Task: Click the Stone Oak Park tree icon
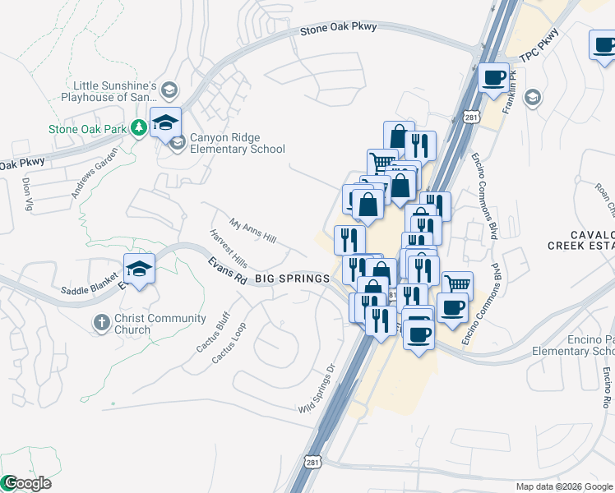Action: [139, 127]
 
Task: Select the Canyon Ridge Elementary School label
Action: [237, 144]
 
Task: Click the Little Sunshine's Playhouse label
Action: [114, 91]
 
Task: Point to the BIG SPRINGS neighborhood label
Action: [292, 279]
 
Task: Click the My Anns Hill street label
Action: [252, 230]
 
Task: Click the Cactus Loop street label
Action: [228, 343]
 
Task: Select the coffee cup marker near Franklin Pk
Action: [493, 78]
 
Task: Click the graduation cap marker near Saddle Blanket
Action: [139, 268]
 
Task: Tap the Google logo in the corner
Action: [26, 483]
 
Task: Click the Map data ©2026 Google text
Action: [563, 486]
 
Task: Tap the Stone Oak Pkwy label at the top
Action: [338, 28]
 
